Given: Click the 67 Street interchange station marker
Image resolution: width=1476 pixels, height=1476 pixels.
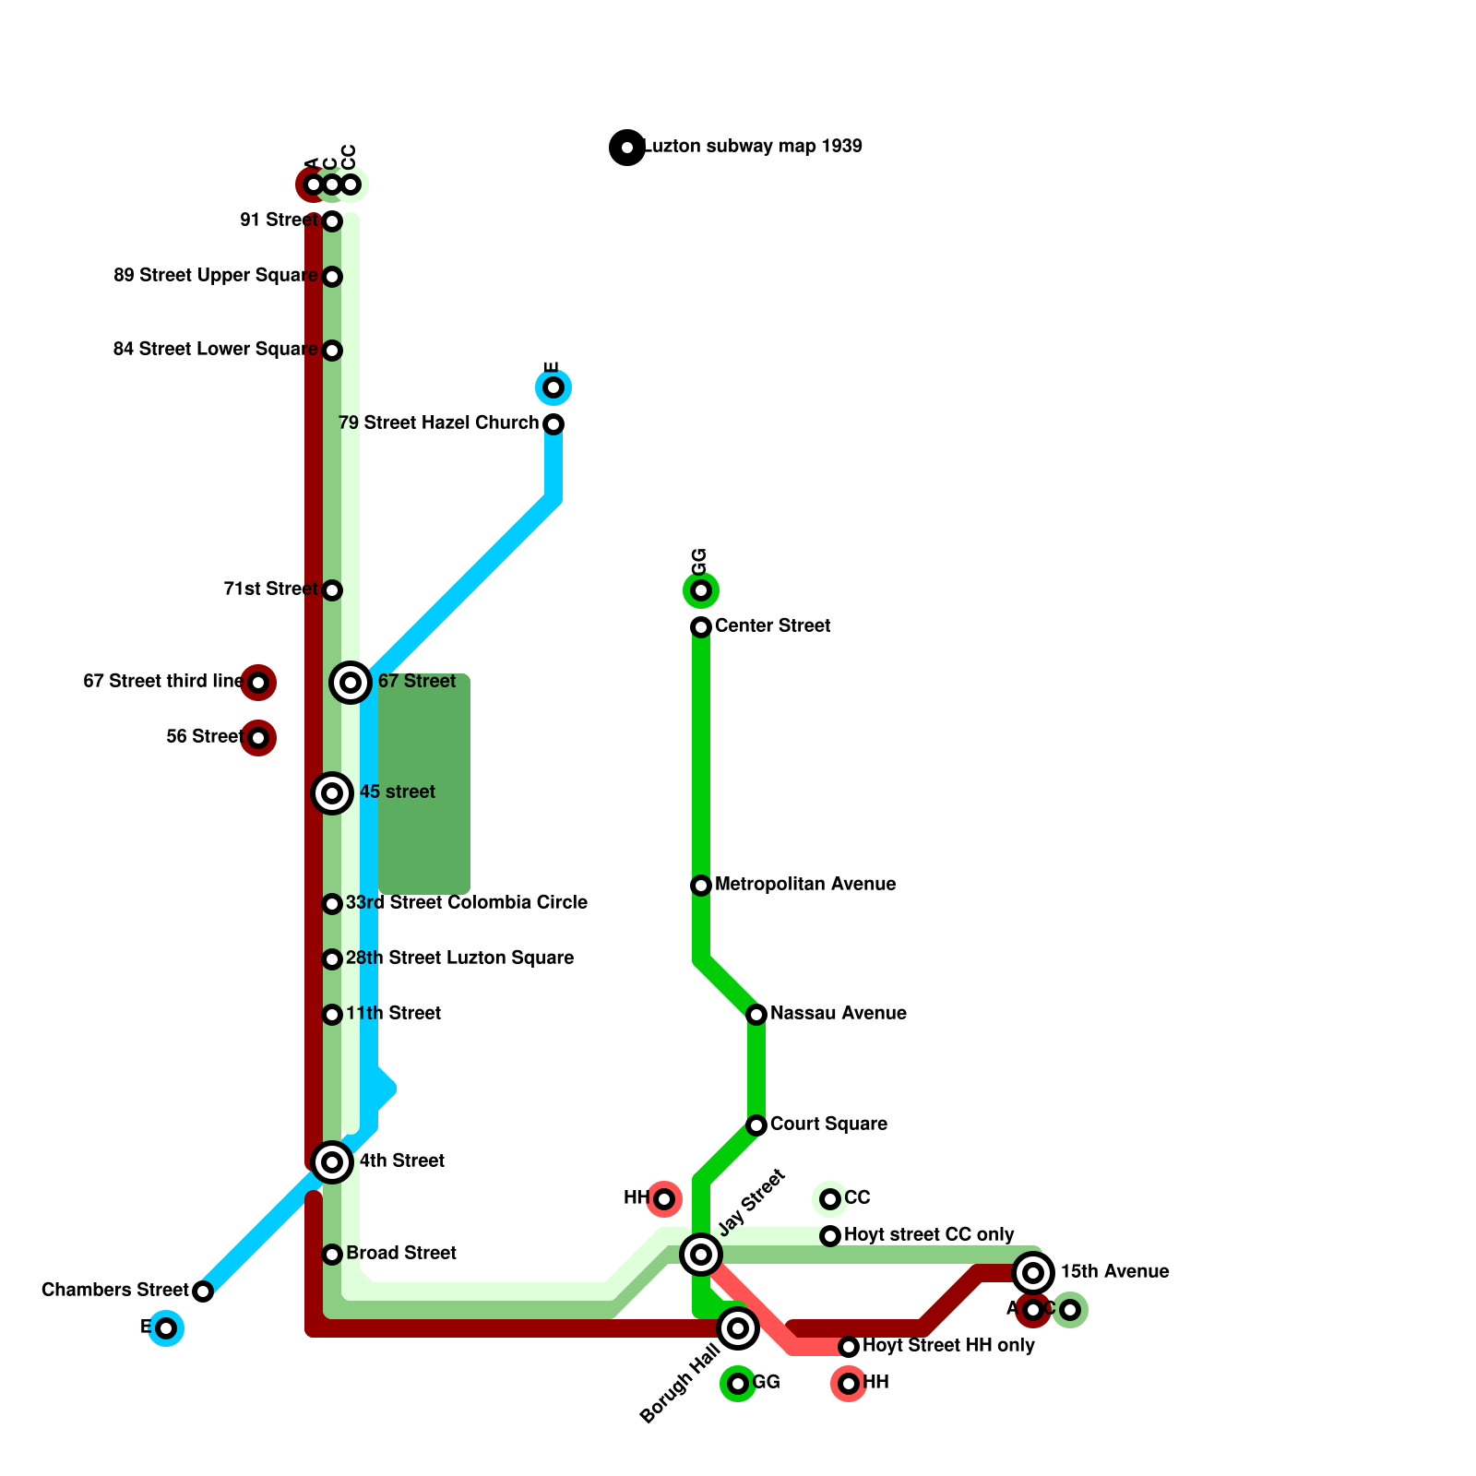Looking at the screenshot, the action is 351,683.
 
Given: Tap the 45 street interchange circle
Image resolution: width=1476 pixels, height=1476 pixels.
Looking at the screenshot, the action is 332,793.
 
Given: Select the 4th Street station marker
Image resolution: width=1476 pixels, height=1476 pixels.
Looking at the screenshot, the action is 332,1162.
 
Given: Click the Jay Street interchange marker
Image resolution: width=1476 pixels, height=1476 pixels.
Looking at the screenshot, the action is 701,1255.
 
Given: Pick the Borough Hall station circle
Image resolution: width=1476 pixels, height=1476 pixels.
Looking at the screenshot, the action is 738,1328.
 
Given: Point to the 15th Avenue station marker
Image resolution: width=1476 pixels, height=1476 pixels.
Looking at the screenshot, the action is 1033,1273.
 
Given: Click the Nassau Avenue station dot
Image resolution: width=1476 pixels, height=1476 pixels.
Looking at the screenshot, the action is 756,1015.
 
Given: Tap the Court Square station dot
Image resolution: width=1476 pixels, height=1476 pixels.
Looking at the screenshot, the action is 756,1125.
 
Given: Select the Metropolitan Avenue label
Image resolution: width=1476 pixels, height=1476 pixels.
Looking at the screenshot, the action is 804,885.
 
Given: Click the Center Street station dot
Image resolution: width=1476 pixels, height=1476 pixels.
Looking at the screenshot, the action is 701,627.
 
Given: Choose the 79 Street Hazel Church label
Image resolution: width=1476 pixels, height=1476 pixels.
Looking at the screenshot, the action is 438,423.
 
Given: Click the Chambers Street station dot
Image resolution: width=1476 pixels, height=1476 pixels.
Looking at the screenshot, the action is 203,1291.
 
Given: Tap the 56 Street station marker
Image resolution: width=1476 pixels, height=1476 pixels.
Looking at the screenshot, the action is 258,738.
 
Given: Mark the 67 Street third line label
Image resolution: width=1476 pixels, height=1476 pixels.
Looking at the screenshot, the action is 162,682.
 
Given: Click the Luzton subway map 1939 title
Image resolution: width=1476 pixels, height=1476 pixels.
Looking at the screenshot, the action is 752,147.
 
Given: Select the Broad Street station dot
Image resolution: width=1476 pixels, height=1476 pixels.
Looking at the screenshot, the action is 332,1255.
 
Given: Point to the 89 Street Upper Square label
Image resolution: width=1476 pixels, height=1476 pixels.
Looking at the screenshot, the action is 216,276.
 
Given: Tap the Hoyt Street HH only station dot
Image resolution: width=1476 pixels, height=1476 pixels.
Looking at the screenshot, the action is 849,1347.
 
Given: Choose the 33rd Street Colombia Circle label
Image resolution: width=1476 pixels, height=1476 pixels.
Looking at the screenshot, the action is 466,903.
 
